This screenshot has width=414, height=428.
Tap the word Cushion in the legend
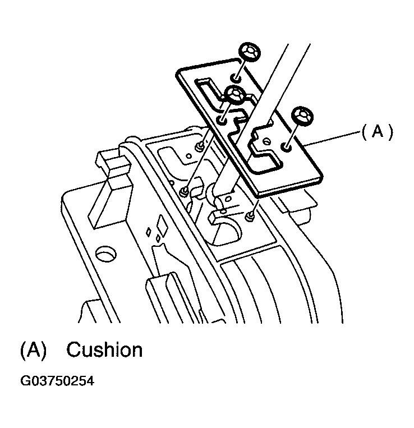click(x=104, y=350)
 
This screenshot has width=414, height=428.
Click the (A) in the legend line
click(x=33, y=350)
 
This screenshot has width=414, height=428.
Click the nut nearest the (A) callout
click(x=302, y=116)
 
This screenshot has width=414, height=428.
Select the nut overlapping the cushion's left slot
click(x=234, y=95)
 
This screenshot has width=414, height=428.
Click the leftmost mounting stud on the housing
click(x=184, y=192)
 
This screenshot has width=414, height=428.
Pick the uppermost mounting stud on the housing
click(x=199, y=147)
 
